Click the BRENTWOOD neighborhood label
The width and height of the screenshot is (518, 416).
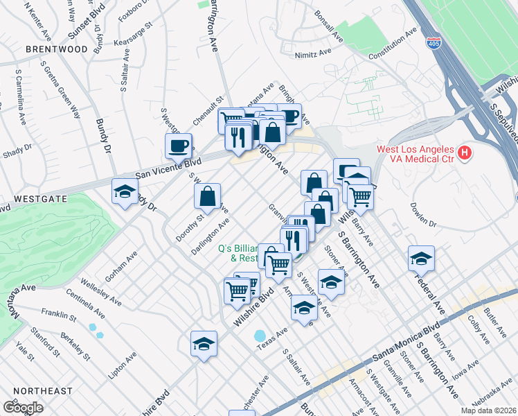[x=57, y=49]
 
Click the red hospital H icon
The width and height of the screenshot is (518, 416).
[x=465, y=151]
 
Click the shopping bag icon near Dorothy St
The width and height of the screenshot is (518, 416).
[x=207, y=196]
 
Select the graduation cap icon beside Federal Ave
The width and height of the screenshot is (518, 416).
[x=421, y=259]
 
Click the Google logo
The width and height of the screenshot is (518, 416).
[x=23, y=408]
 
